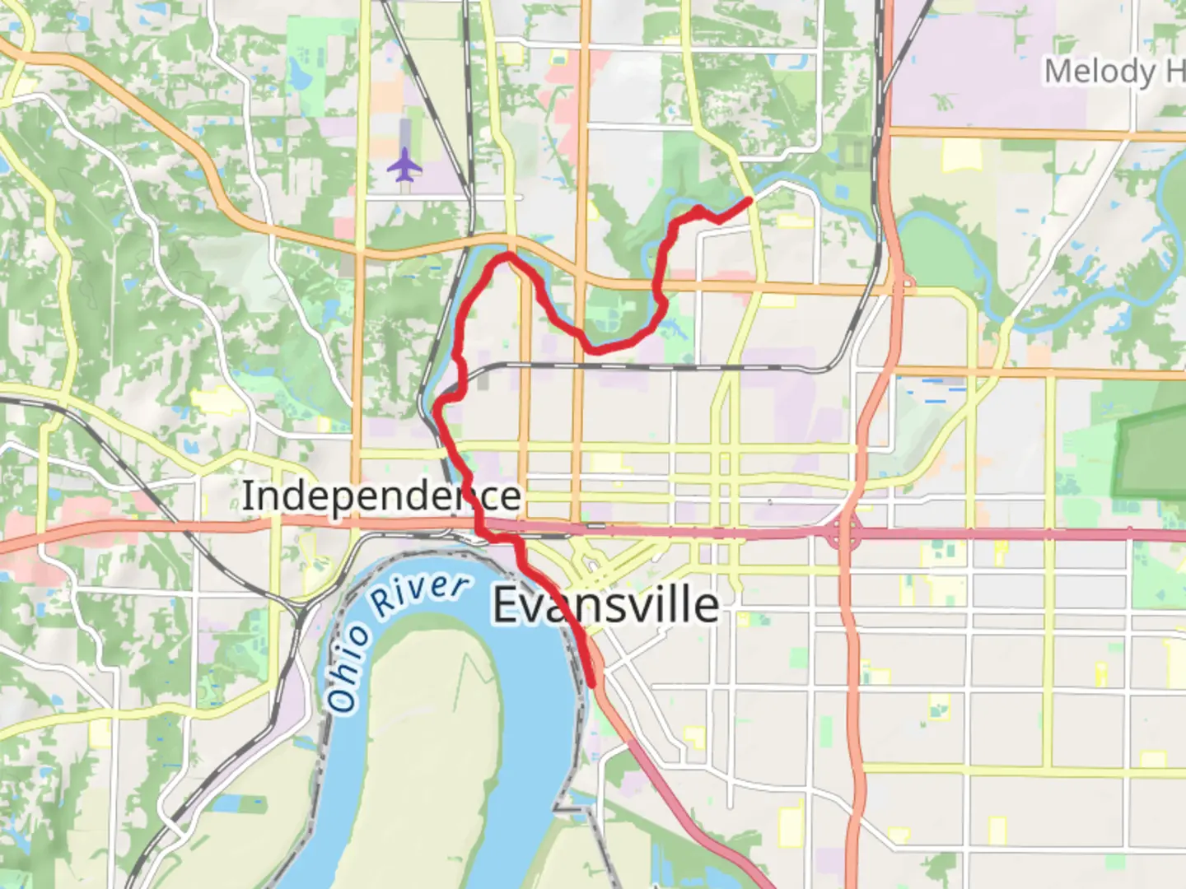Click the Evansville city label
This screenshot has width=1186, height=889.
[x=605, y=605]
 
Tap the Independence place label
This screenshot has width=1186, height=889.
[x=381, y=496]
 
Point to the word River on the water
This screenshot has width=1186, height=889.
[x=420, y=595]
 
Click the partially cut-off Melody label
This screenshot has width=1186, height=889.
[x=1100, y=72]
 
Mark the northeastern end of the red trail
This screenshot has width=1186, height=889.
[x=748, y=200]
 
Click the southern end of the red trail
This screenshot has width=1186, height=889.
[x=592, y=682]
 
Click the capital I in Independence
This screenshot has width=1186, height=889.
[x=247, y=496]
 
